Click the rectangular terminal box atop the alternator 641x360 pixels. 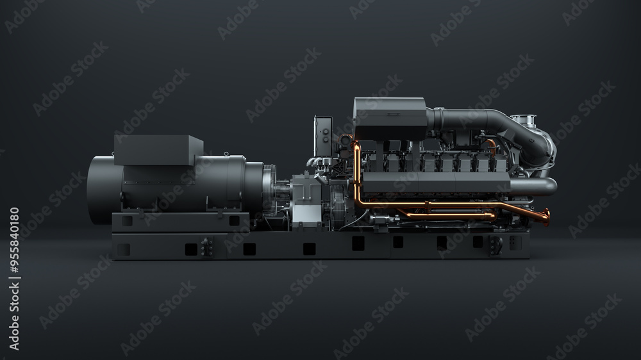158,151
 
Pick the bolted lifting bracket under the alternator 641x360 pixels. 207,247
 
